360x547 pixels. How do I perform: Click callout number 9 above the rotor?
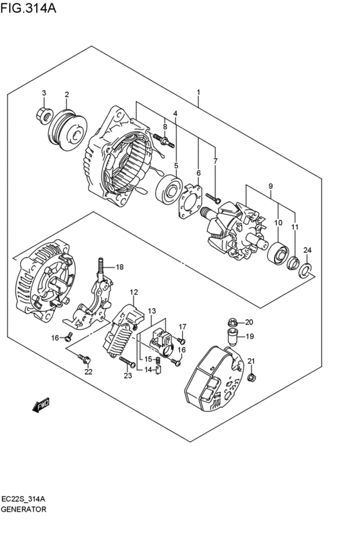click(x=271, y=187)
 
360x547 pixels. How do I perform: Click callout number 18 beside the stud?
click(x=120, y=267)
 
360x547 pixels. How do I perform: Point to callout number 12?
click(x=134, y=292)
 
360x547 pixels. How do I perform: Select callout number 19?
click(x=250, y=336)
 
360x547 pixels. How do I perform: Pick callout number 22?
click(x=88, y=372)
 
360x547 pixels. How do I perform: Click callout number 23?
click(x=127, y=376)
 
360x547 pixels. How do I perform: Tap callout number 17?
click(x=182, y=326)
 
